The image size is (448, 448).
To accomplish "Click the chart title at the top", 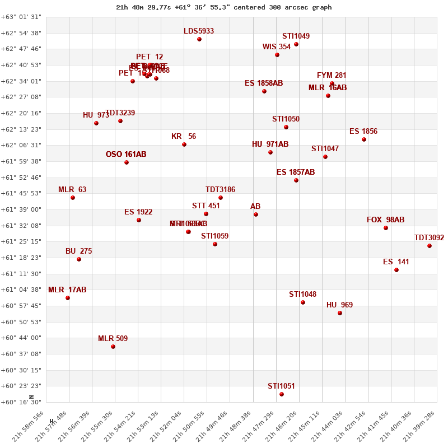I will (x=223, y=7).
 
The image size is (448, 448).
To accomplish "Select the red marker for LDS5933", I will (x=199, y=39).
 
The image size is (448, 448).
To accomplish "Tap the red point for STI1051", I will (x=282, y=394).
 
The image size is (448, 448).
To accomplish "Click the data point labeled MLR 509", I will (x=113, y=347).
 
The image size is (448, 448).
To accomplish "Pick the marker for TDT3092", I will (x=430, y=246).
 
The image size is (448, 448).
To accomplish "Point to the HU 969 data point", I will (x=340, y=313).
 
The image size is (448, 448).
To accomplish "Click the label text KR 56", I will (x=184, y=137).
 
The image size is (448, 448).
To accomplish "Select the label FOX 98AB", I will (x=385, y=220).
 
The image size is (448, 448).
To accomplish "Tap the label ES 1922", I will (x=138, y=212).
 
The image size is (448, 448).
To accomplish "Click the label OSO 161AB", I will (x=126, y=155).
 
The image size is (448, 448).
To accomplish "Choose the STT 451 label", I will (x=206, y=206).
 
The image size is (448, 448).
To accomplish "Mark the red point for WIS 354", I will (x=277, y=55).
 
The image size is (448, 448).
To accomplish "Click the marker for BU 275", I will (x=79, y=259).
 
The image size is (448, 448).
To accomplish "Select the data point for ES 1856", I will (x=364, y=139).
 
